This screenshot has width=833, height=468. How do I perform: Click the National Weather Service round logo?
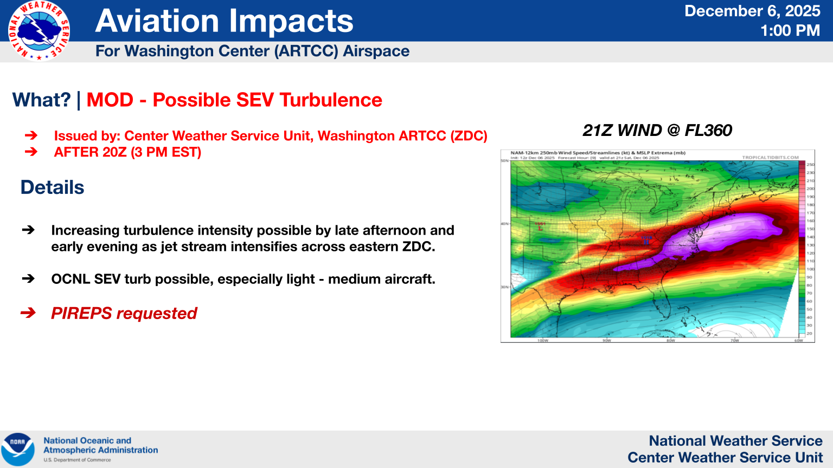pyautogui.click(x=39, y=31)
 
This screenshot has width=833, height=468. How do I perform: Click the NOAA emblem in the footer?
pyautogui.click(x=18, y=449)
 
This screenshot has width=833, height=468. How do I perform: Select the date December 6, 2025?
pyautogui.click(x=752, y=11)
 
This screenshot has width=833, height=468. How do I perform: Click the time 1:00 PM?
pyautogui.click(x=790, y=31)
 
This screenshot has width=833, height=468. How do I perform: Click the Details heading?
pyautogui.click(x=53, y=187)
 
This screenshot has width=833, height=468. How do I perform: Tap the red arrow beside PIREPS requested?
pyautogui.click(x=28, y=313)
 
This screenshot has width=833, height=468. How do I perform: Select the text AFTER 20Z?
pyautogui.click(x=90, y=152)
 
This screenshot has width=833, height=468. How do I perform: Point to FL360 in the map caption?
pyautogui.click(x=708, y=131)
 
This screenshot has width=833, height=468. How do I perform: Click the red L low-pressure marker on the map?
pyautogui.click(x=540, y=228)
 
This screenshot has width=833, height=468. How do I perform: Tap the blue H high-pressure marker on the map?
pyautogui.click(x=646, y=242)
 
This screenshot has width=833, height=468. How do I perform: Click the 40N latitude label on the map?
pyautogui.click(x=504, y=224)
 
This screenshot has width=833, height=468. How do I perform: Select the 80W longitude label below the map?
pyautogui.click(x=670, y=341)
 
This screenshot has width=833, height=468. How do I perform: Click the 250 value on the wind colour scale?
pyautogui.click(x=810, y=165)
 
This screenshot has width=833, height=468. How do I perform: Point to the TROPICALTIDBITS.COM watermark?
pyautogui.click(x=770, y=158)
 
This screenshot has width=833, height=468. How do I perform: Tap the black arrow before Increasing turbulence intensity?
pyautogui.click(x=28, y=230)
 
